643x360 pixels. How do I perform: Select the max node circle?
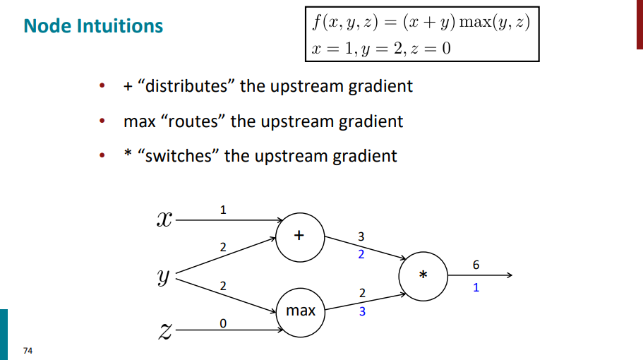tap(301, 310)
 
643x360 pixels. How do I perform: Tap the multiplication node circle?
tap(423, 275)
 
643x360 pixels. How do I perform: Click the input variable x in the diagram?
tap(163, 220)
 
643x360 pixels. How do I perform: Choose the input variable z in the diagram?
tap(163, 330)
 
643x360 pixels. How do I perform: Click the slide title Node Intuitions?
tap(93, 26)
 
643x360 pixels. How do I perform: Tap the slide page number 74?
tap(28, 351)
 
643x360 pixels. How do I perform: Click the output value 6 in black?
tap(476, 265)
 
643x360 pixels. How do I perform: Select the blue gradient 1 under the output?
tap(476, 287)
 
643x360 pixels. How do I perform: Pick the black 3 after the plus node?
tap(361, 236)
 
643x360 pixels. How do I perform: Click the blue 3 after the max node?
tap(362, 311)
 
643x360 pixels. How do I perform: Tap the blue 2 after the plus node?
tap(361, 254)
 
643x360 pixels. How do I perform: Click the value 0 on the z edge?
tap(223, 323)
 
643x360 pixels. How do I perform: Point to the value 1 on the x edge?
tap(223, 210)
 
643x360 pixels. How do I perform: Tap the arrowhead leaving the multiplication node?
tap(517, 275)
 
